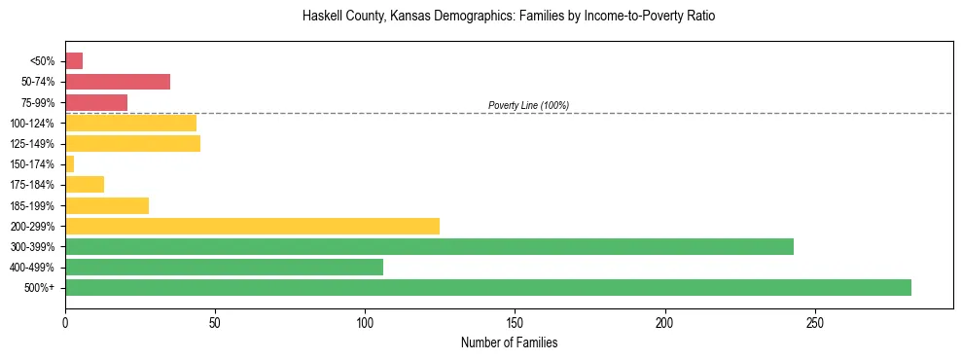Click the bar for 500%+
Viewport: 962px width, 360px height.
coord(488,287)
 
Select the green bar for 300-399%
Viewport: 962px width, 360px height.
coord(429,246)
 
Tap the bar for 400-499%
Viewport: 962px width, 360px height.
coord(224,267)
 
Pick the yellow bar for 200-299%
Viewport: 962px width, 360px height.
coord(252,226)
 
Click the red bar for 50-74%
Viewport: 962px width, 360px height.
coord(118,82)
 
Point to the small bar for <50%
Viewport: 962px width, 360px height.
coord(74,61)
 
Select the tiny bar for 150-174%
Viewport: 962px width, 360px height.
coord(69,163)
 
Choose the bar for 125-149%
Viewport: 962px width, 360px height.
coord(132,143)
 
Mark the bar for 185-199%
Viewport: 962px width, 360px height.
coord(107,205)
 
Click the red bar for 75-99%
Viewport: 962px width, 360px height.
coord(96,102)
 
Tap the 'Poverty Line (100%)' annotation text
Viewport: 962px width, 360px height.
coord(528,105)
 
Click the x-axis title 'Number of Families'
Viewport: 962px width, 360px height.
coord(509,342)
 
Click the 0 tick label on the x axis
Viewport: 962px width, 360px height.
coord(65,321)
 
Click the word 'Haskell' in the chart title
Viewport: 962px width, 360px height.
coord(323,17)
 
